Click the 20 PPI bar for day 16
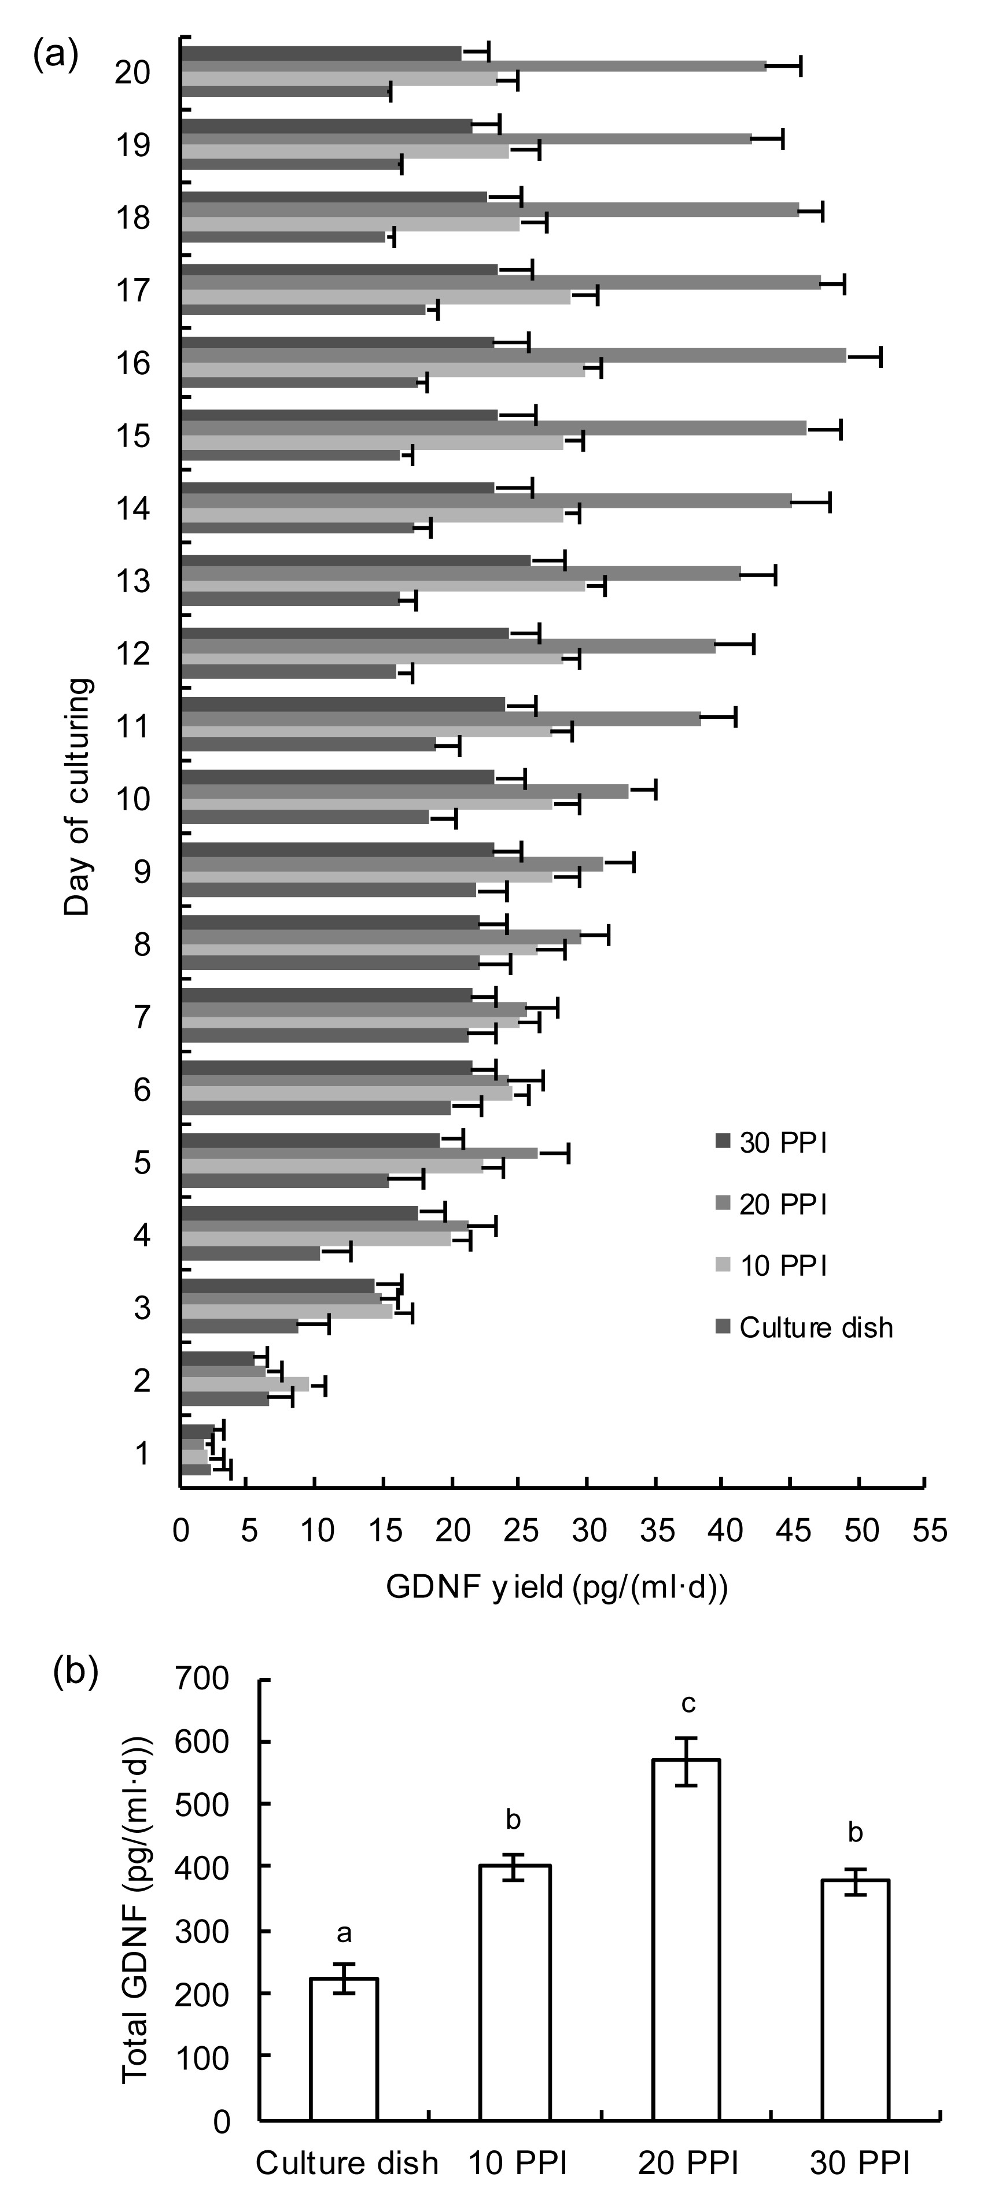click(514, 356)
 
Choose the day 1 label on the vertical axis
click(142, 1454)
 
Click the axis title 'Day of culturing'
click(77, 797)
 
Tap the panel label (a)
click(56, 55)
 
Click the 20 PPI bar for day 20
click(474, 66)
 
